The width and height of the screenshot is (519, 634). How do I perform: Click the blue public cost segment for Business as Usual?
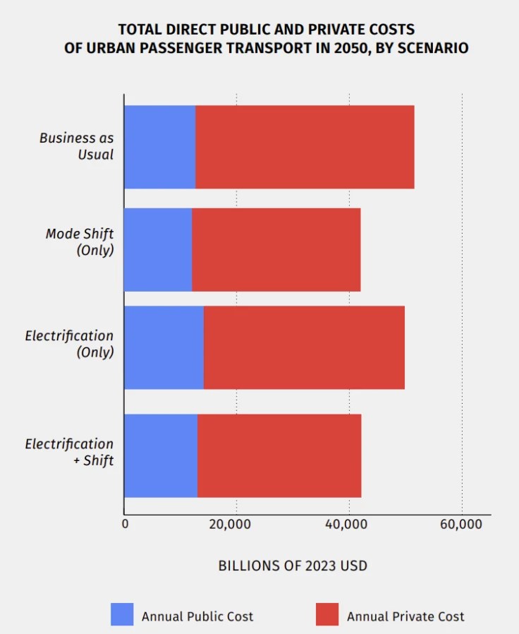(x=160, y=147)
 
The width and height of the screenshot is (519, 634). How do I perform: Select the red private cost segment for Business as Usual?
(x=305, y=147)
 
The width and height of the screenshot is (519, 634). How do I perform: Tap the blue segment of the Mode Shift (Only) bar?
(x=158, y=249)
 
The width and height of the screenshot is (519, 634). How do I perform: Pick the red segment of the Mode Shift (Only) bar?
(x=276, y=249)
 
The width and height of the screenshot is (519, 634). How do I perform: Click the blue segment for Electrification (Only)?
(x=164, y=347)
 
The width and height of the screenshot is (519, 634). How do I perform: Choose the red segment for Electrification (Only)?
(x=304, y=347)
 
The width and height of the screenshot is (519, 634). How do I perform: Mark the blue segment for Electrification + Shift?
(x=161, y=455)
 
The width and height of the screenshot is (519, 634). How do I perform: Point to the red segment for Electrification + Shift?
(x=279, y=455)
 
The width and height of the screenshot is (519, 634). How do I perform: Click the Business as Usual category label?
(x=76, y=146)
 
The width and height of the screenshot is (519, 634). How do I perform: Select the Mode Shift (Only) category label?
(x=80, y=241)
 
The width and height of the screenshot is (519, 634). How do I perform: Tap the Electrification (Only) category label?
(x=69, y=344)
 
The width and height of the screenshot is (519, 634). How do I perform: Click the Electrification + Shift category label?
(x=69, y=452)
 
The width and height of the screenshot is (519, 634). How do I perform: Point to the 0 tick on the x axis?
(x=126, y=524)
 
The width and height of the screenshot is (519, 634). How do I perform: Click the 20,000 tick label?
(x=236, y=524)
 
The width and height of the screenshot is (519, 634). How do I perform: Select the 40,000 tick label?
(x=349, y=524)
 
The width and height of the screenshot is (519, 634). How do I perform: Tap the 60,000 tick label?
(x=461, y=524)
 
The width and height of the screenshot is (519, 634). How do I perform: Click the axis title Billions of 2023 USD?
(x=293, y=566)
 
